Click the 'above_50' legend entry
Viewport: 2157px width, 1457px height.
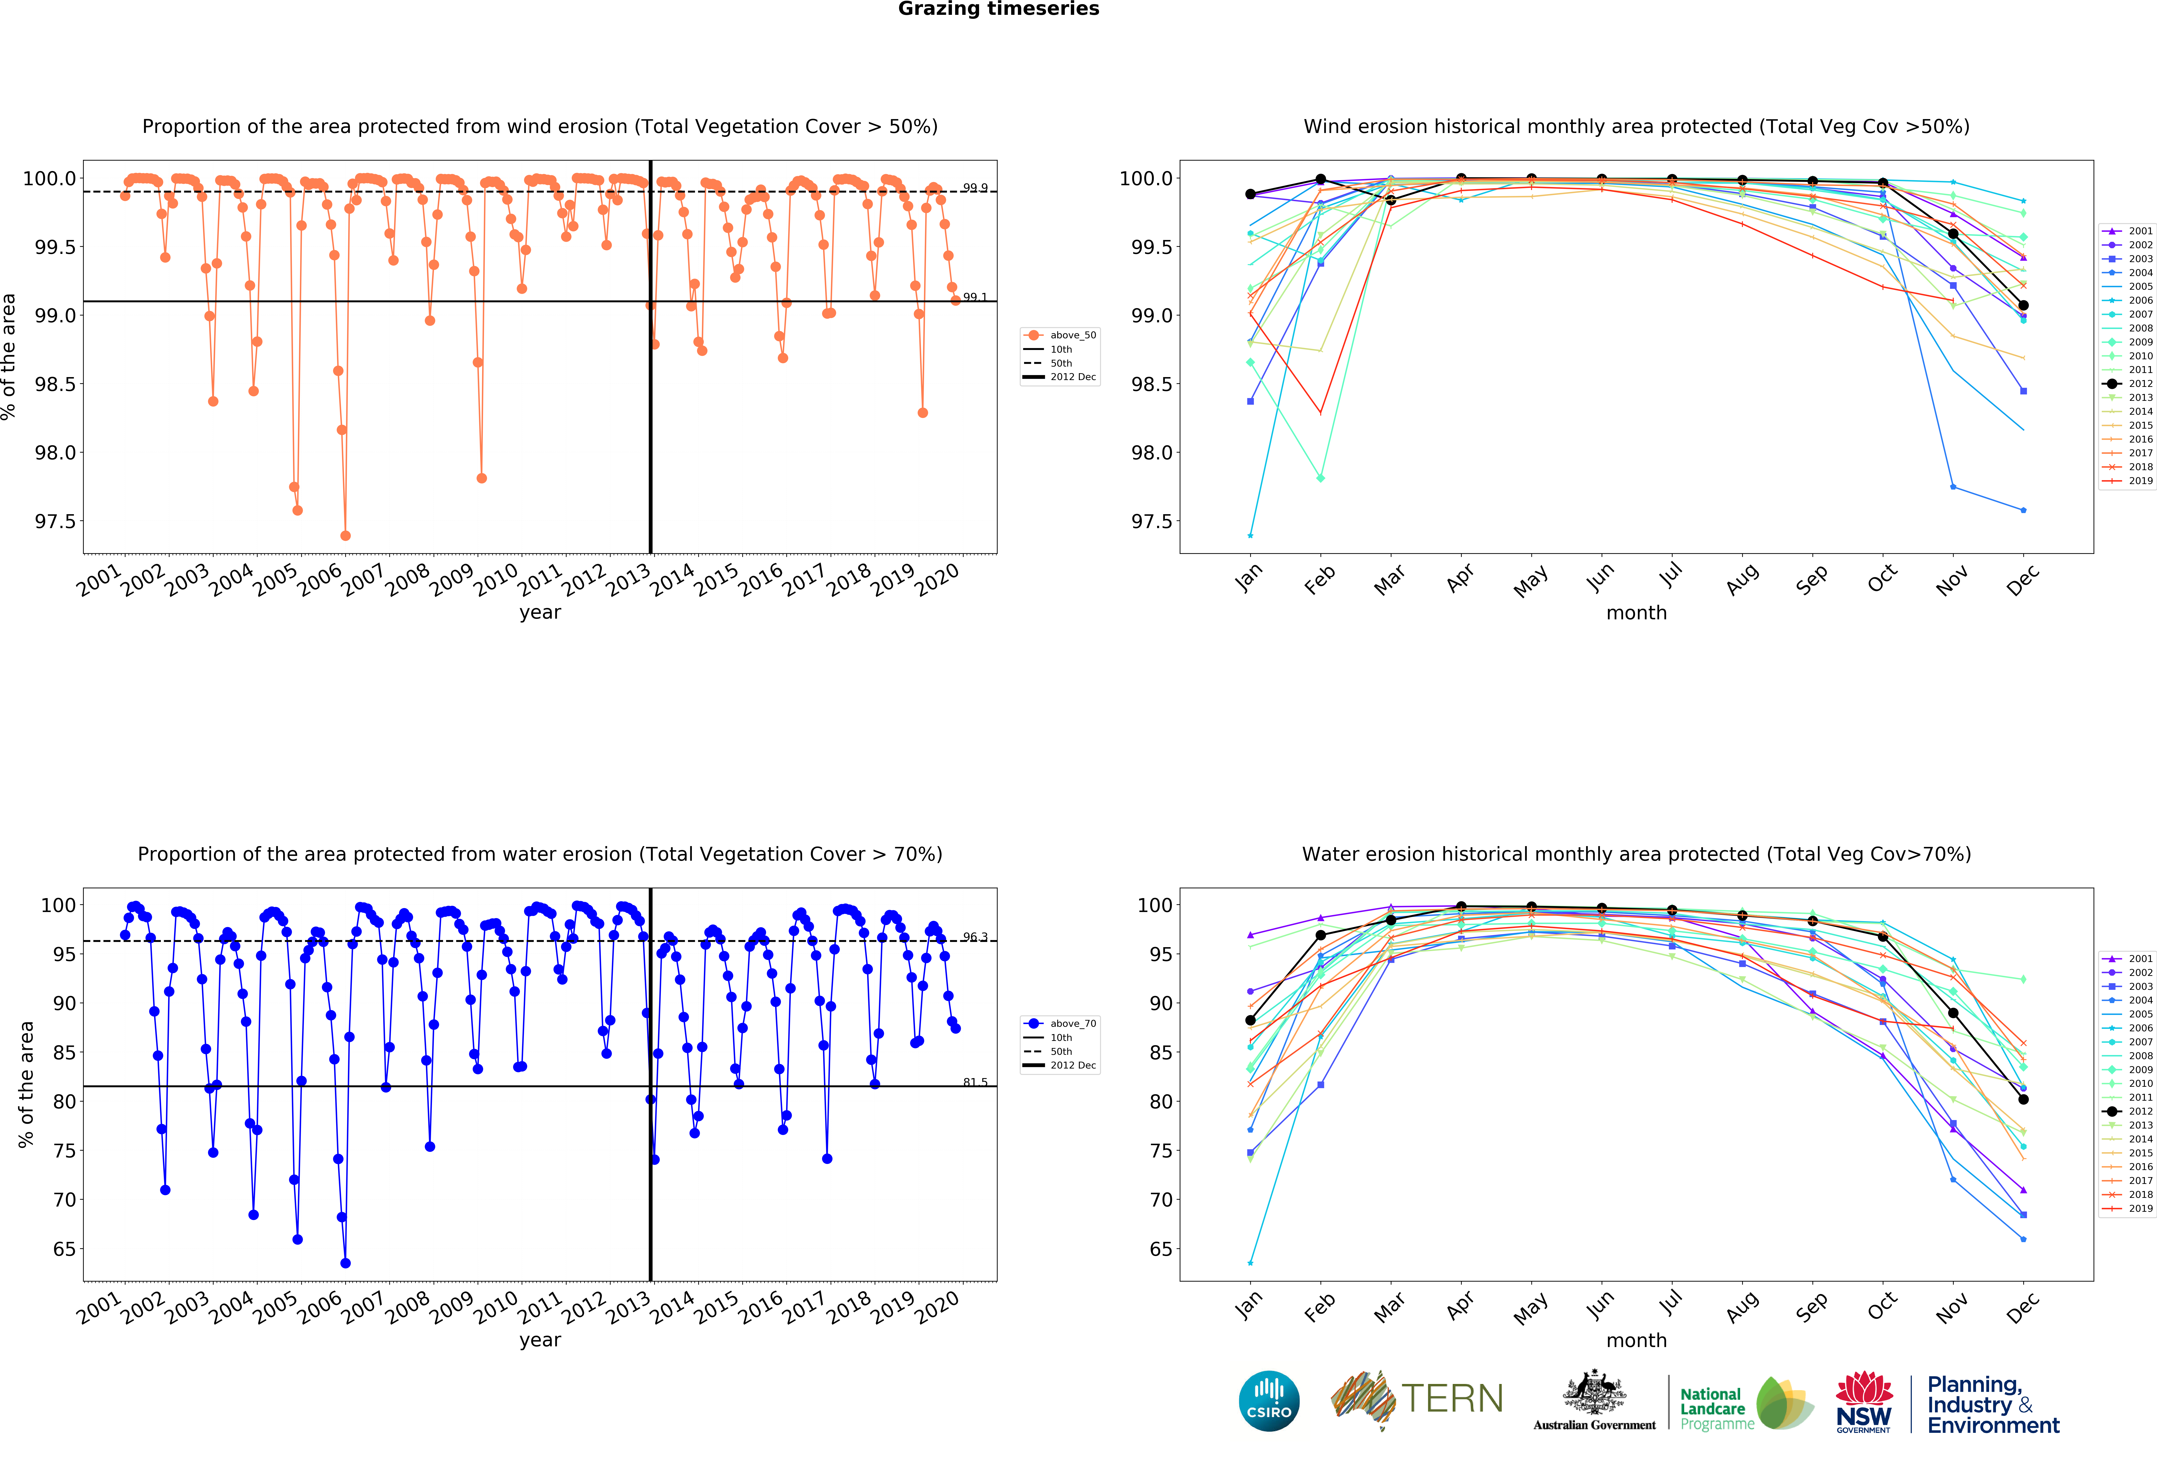tap(1072, 335)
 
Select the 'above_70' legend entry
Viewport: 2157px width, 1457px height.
tap(1072, 1024)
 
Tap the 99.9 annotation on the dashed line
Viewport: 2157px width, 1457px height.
tap(975, 188)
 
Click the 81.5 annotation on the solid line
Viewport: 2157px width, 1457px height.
tap(975, 1082)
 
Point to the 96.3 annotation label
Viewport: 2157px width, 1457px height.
tap(975, 937)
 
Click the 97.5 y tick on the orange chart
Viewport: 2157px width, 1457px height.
tap(56, 521)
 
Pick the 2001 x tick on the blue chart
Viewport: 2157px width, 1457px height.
tap(99, 1308)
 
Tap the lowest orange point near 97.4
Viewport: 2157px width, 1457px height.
tap(345, 535)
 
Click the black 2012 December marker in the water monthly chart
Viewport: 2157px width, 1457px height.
tap(2023, 1100)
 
